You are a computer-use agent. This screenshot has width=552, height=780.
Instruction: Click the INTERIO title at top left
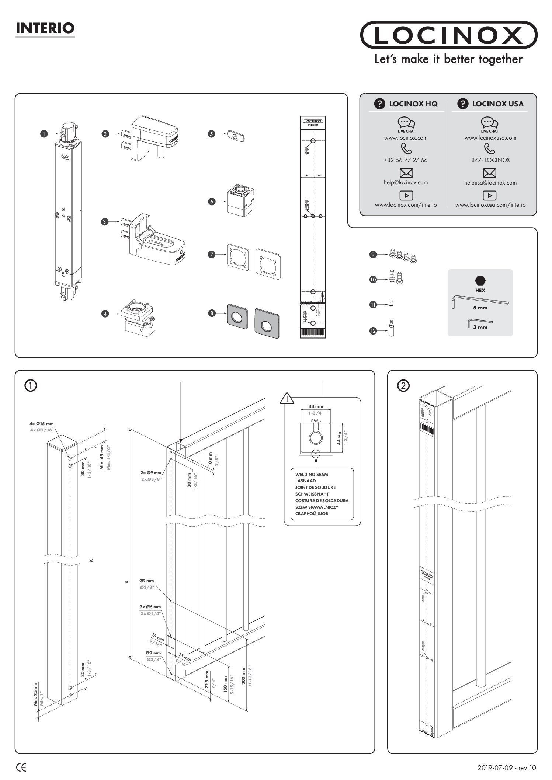(x=45, y=28)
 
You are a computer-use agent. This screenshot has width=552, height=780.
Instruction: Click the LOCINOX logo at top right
(x=448, y=35)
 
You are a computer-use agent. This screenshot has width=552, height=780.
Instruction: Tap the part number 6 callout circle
(x=212, y=202)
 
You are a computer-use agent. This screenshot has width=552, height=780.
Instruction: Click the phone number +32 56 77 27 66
(x=406, y=160)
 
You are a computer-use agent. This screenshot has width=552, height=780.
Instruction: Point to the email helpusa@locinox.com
(x=490, y=183)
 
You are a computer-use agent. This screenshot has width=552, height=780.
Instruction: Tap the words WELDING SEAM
(x=312, y=475)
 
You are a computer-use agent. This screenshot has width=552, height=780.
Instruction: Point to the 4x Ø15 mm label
(x=41, y=424)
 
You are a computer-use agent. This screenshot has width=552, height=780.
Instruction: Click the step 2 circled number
(x=403, y=386)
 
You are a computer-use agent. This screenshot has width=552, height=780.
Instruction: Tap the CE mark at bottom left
(x=21, y=768)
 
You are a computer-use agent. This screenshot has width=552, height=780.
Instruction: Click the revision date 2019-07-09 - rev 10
(x=507, y=768)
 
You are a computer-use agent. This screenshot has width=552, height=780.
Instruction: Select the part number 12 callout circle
(x=373, y=331)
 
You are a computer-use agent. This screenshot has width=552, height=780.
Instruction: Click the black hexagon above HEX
(x=480, y=280)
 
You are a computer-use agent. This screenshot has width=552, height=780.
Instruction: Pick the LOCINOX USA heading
(x=497, y=104)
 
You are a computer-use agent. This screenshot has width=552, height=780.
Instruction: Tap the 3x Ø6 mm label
(x=150, y=607)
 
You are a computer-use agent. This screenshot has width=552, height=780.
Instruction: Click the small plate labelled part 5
(x=236, y=135)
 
